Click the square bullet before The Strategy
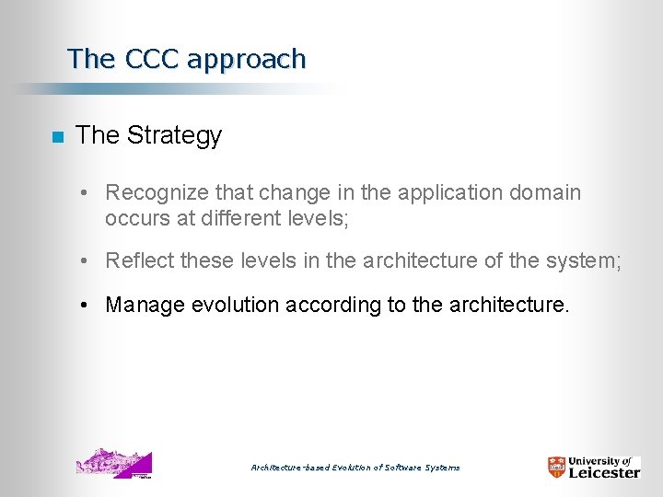[x=57, y=137]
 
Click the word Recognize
[x=157, y=193]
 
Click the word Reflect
[x=140, y=261]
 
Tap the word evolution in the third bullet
[x=235, y=305]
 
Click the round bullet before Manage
[x=83, y=305]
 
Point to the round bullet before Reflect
[x=83, y=261]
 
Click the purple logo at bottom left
[x=113, y=464]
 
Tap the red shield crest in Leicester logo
[x=556, y=467]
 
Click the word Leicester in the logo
[x=603, y=472]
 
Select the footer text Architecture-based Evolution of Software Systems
[x=355, y=468]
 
